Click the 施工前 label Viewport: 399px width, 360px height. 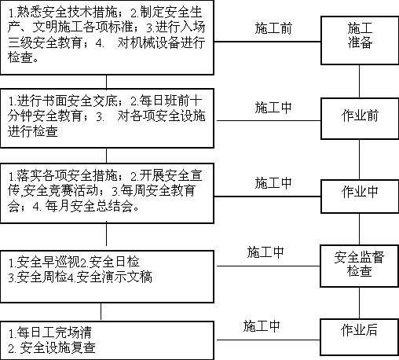click(273, 28)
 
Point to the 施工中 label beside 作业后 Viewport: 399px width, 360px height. click(262, 326)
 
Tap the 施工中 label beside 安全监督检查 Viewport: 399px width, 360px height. click(265, 252)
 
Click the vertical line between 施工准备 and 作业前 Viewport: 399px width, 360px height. click(359, 82)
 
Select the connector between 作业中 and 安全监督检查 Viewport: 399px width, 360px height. click(359, 230)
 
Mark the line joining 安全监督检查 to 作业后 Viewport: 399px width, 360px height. click(359, 303)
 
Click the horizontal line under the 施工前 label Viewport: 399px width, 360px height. click(267, 42)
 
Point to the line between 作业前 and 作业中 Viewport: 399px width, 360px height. click(359, 160)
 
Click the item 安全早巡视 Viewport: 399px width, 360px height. click(48, 262)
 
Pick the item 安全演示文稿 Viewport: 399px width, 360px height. click(114, 277)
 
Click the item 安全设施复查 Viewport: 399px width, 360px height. click(57, 348)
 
